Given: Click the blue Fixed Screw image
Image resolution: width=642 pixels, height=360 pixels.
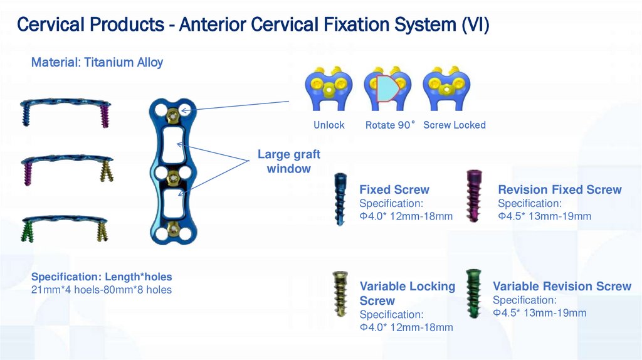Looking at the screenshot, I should click(339, 199).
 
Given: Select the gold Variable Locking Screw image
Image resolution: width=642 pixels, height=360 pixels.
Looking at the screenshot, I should click(339, 294).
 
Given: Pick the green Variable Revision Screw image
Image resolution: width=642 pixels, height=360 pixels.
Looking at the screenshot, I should click(473, 292).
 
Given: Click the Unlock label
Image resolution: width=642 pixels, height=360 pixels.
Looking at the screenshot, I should click(329, 125).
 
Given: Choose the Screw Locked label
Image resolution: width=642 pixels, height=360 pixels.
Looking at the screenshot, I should click(455, 125).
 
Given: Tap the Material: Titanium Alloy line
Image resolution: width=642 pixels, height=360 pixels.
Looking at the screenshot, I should click(97, 62).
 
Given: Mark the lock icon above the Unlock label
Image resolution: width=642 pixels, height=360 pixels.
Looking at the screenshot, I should click(329, 88).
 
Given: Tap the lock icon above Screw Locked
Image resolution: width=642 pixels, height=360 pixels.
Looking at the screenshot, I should click(446, 88).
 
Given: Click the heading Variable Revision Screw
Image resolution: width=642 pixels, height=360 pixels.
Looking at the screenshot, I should click(562, 287).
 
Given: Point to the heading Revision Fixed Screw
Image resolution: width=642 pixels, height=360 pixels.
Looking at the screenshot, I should click(560, 190).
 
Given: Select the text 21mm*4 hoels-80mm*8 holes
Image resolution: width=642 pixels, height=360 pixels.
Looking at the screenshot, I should click(102, 290).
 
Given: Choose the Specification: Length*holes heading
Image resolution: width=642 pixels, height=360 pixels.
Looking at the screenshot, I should click(102, 277).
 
